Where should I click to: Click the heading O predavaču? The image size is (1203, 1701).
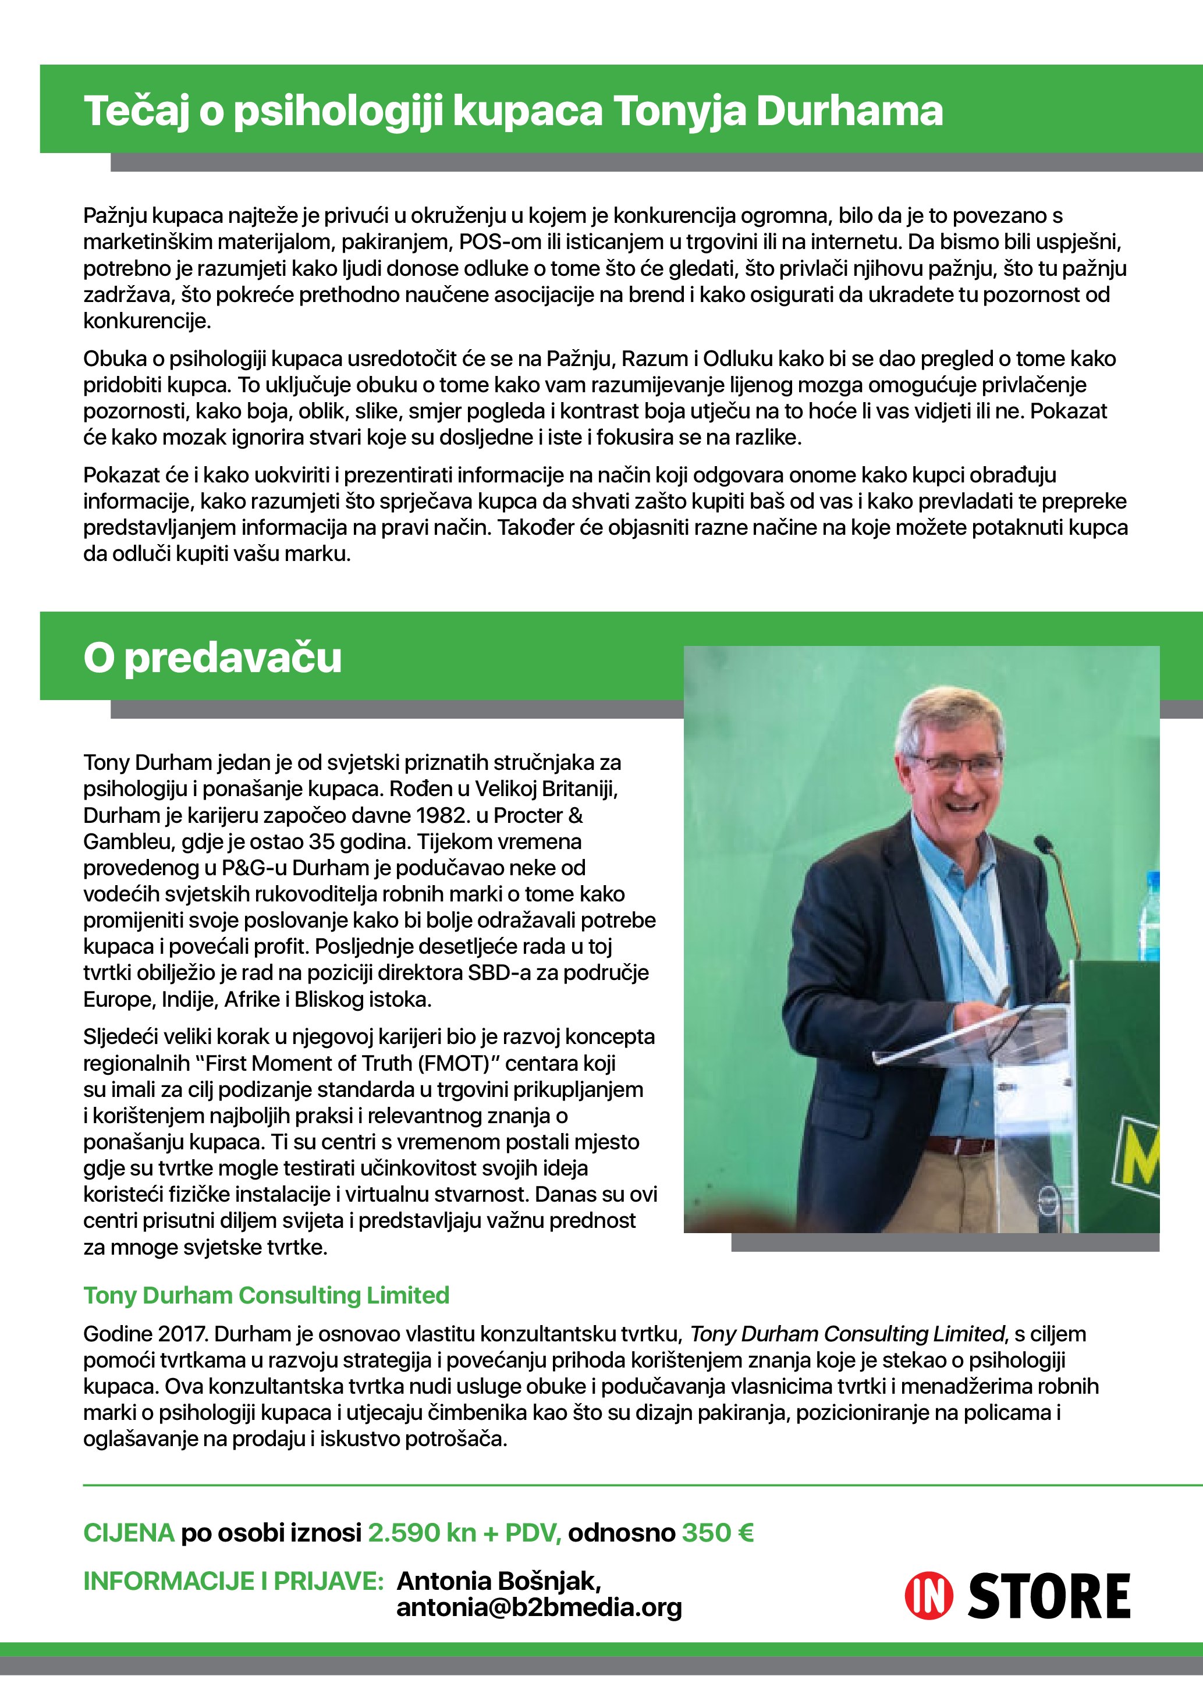pyautogui.click(x=212, y=657)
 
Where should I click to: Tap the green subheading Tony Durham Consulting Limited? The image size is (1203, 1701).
pyautogui.click(x=266, y=1294)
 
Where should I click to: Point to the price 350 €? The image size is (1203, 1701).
pyautogui.click(x=717, y=1532)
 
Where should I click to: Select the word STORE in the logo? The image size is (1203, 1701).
pyautogui.click(x=1049, y=1596)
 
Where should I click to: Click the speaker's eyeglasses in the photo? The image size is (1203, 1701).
pyautogui.click(x=956, y=763)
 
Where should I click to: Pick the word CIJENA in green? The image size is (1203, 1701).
pyautogui.click(x=129, y=1532)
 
